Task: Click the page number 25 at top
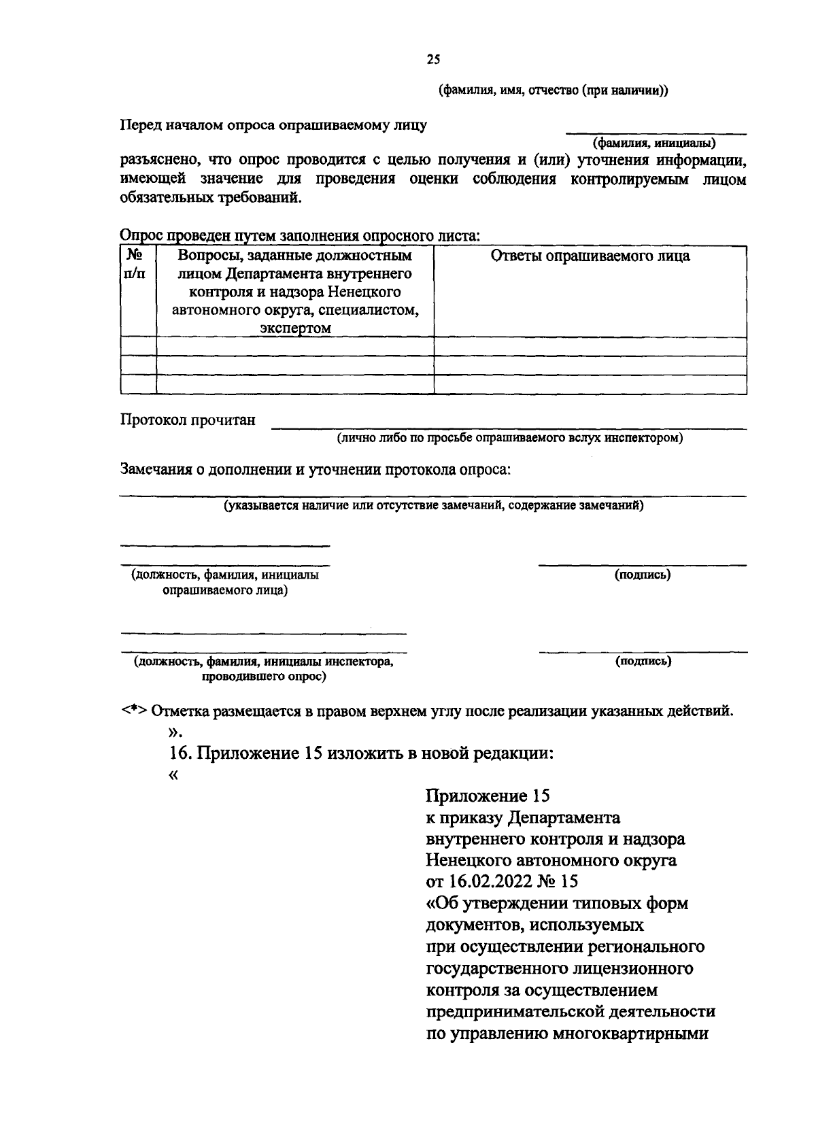coord(433,60)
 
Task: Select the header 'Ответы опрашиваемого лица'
coord(590,256)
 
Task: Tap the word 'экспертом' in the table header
coord(295,328)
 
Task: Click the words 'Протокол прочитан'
coord(188,420)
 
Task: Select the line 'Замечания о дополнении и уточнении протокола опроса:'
coord(315,470)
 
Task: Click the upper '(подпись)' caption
coord(643,575)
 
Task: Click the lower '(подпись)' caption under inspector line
coord(643,661)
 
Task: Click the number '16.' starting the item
coord(181,753)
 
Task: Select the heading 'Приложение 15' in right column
coord(487,796)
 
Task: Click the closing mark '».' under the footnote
coord(175,732)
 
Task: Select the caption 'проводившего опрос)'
coord(263,677)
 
